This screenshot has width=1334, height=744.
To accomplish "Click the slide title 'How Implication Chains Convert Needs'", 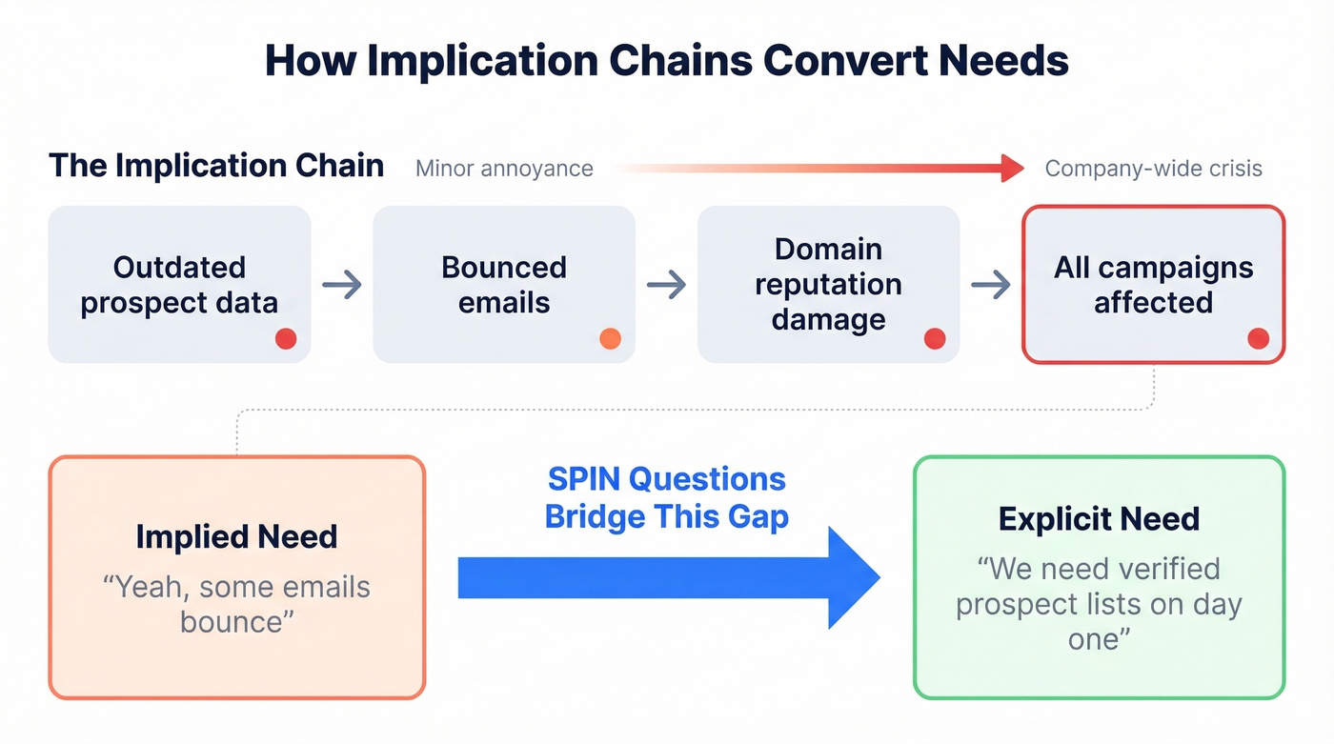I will [x=666, y=61].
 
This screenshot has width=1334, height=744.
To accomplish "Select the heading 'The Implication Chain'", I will [x=216, y=166].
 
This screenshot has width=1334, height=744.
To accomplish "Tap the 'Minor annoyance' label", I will [x=504, y=169].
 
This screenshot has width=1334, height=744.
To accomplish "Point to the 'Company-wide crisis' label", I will [x=1153, y=169].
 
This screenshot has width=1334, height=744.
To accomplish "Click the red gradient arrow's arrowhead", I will [x=1012, y=169].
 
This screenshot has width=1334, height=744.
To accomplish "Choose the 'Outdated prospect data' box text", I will [x=179, y=284].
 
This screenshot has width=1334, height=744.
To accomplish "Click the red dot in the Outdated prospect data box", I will [x=286, y=338].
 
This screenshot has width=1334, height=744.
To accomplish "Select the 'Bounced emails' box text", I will [x=504, y=284].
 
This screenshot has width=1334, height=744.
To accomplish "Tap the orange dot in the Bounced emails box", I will [x=610, y=338].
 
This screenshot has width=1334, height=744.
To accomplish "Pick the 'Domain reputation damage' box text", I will [x=828, y=284].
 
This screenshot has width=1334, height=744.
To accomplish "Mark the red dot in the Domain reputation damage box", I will [x=935, y=338].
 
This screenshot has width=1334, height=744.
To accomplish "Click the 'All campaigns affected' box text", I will [x=1153, y=284].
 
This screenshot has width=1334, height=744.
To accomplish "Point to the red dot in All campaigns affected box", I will [x=1258, y=338].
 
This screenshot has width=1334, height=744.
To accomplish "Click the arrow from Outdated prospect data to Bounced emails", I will [x=342, y=284].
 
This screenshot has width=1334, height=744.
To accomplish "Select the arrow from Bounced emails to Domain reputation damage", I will [x=666, y=284].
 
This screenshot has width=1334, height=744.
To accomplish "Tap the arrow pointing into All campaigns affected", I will [x=991, y=284].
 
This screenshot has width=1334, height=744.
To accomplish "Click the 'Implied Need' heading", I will [x=236, y=536].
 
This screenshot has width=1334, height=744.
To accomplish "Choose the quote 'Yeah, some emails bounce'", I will [x=236, y=604].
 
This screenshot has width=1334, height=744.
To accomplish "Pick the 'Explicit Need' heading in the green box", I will [x=1099, y=519].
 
